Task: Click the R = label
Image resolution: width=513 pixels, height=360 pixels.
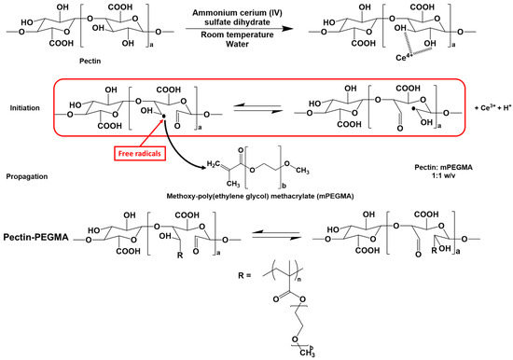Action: click(213, 285)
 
